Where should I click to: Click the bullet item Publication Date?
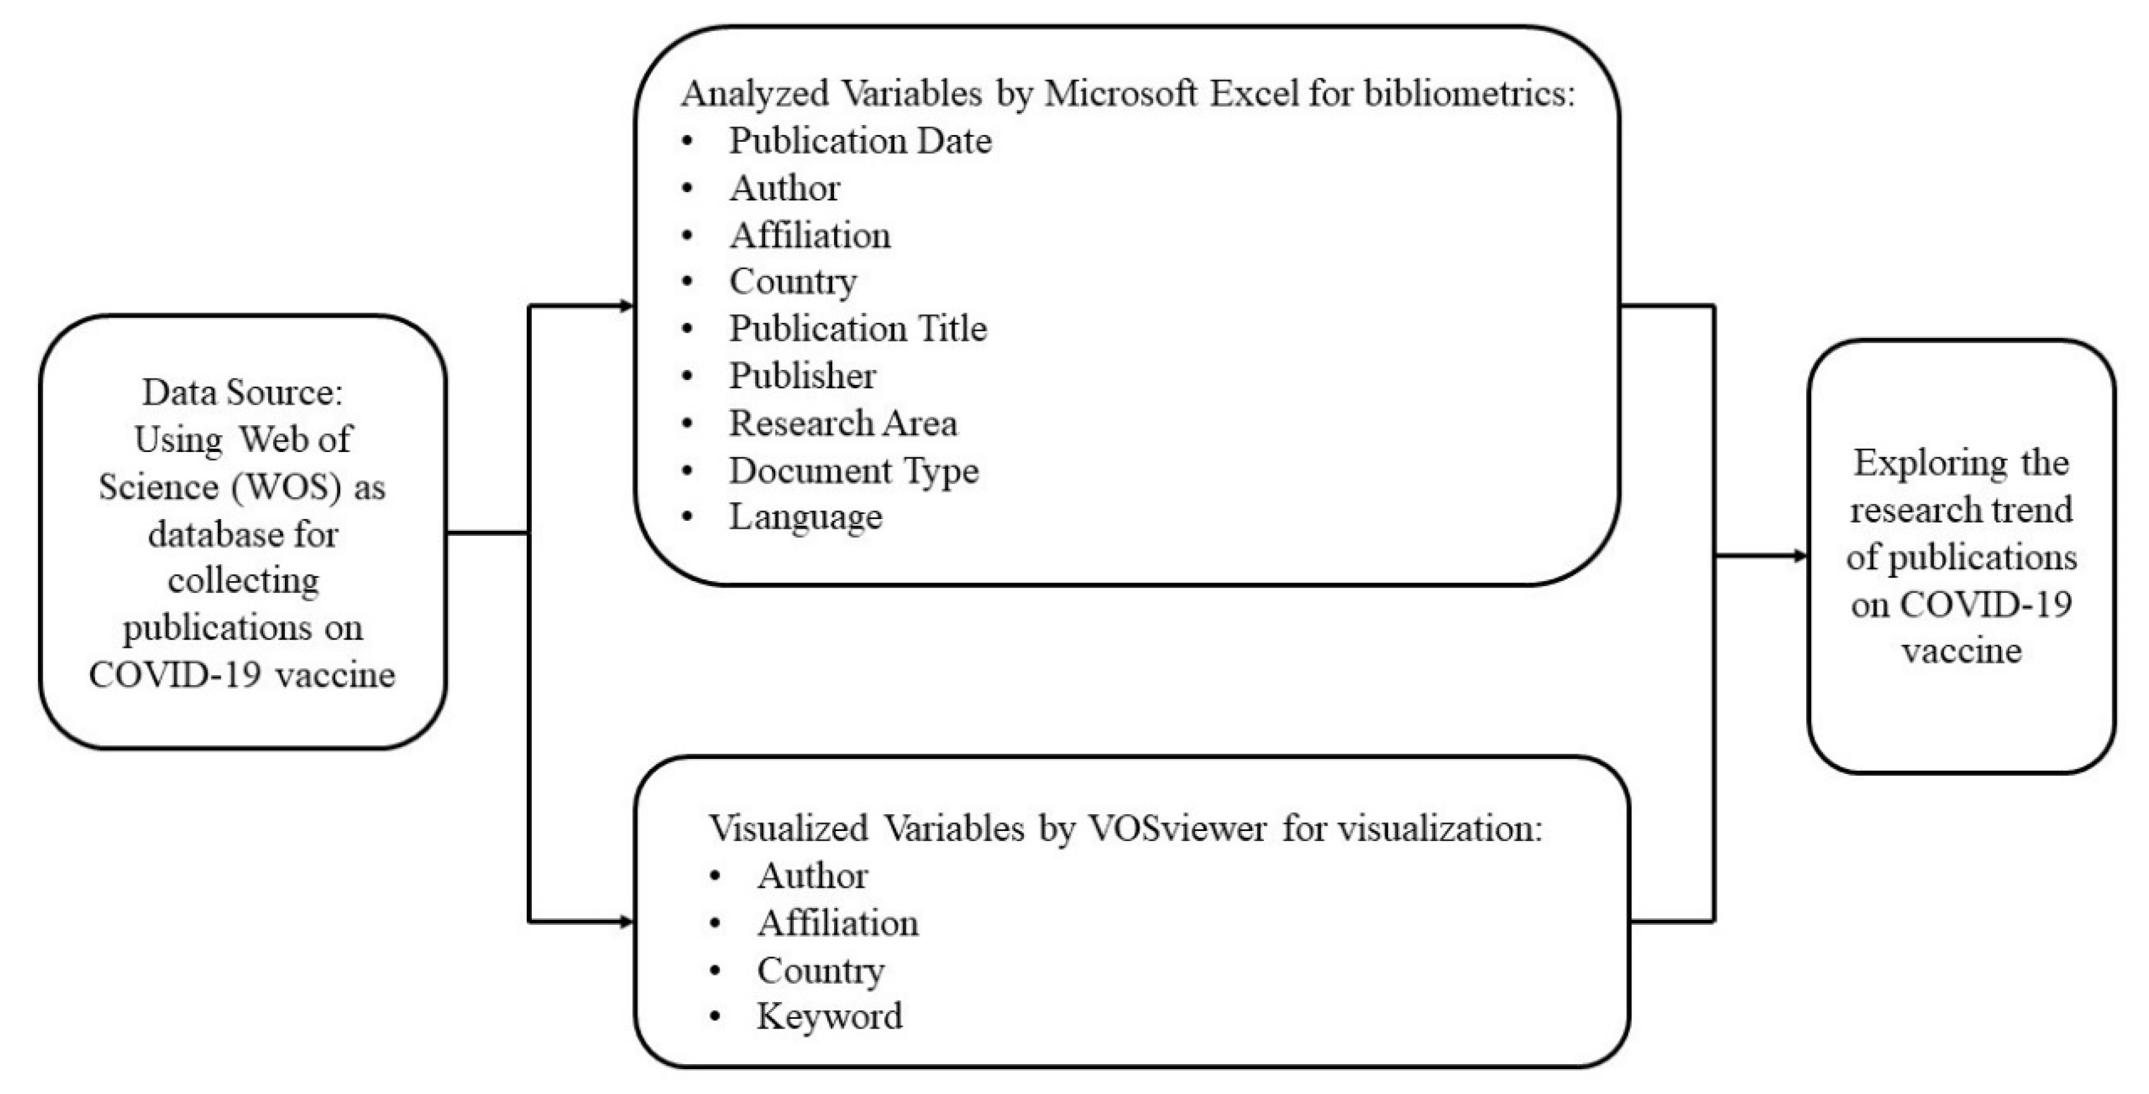click(860, 141)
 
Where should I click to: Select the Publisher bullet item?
click(802, 376)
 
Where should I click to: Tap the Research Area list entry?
click(843, 423)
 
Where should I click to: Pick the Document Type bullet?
click(853, 471)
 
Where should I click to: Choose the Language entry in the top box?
click(805, 518)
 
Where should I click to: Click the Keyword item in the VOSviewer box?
click(829, 1016)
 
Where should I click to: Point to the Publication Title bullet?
click(858, 329)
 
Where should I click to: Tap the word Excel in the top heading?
click(1254, 93)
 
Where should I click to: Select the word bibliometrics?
click(1469, 93)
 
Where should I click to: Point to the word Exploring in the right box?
click(1919, 464)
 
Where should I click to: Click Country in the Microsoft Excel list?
click(792, 282)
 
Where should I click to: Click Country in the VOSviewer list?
click(820, 970)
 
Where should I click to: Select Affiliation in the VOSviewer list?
click(838, 923)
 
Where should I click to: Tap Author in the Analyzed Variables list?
click(784, 188)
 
